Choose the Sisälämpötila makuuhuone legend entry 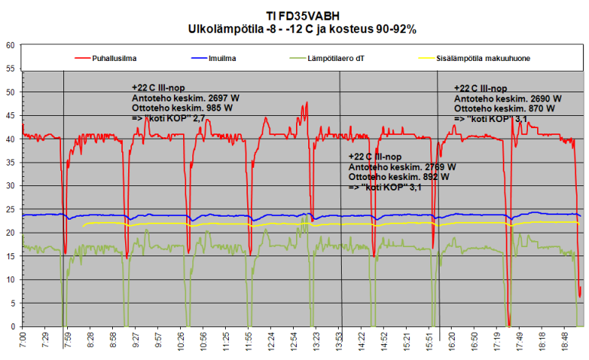click(483, 57)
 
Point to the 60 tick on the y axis click(11, 45)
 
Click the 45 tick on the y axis click(11, 115)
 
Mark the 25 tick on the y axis click(11, 210)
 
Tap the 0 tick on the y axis click(13, 326)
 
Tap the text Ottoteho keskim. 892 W click(398, 176)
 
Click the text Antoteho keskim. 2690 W click(507, 99)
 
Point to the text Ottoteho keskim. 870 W click(504, 109)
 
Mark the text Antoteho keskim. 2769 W click(402, 166)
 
